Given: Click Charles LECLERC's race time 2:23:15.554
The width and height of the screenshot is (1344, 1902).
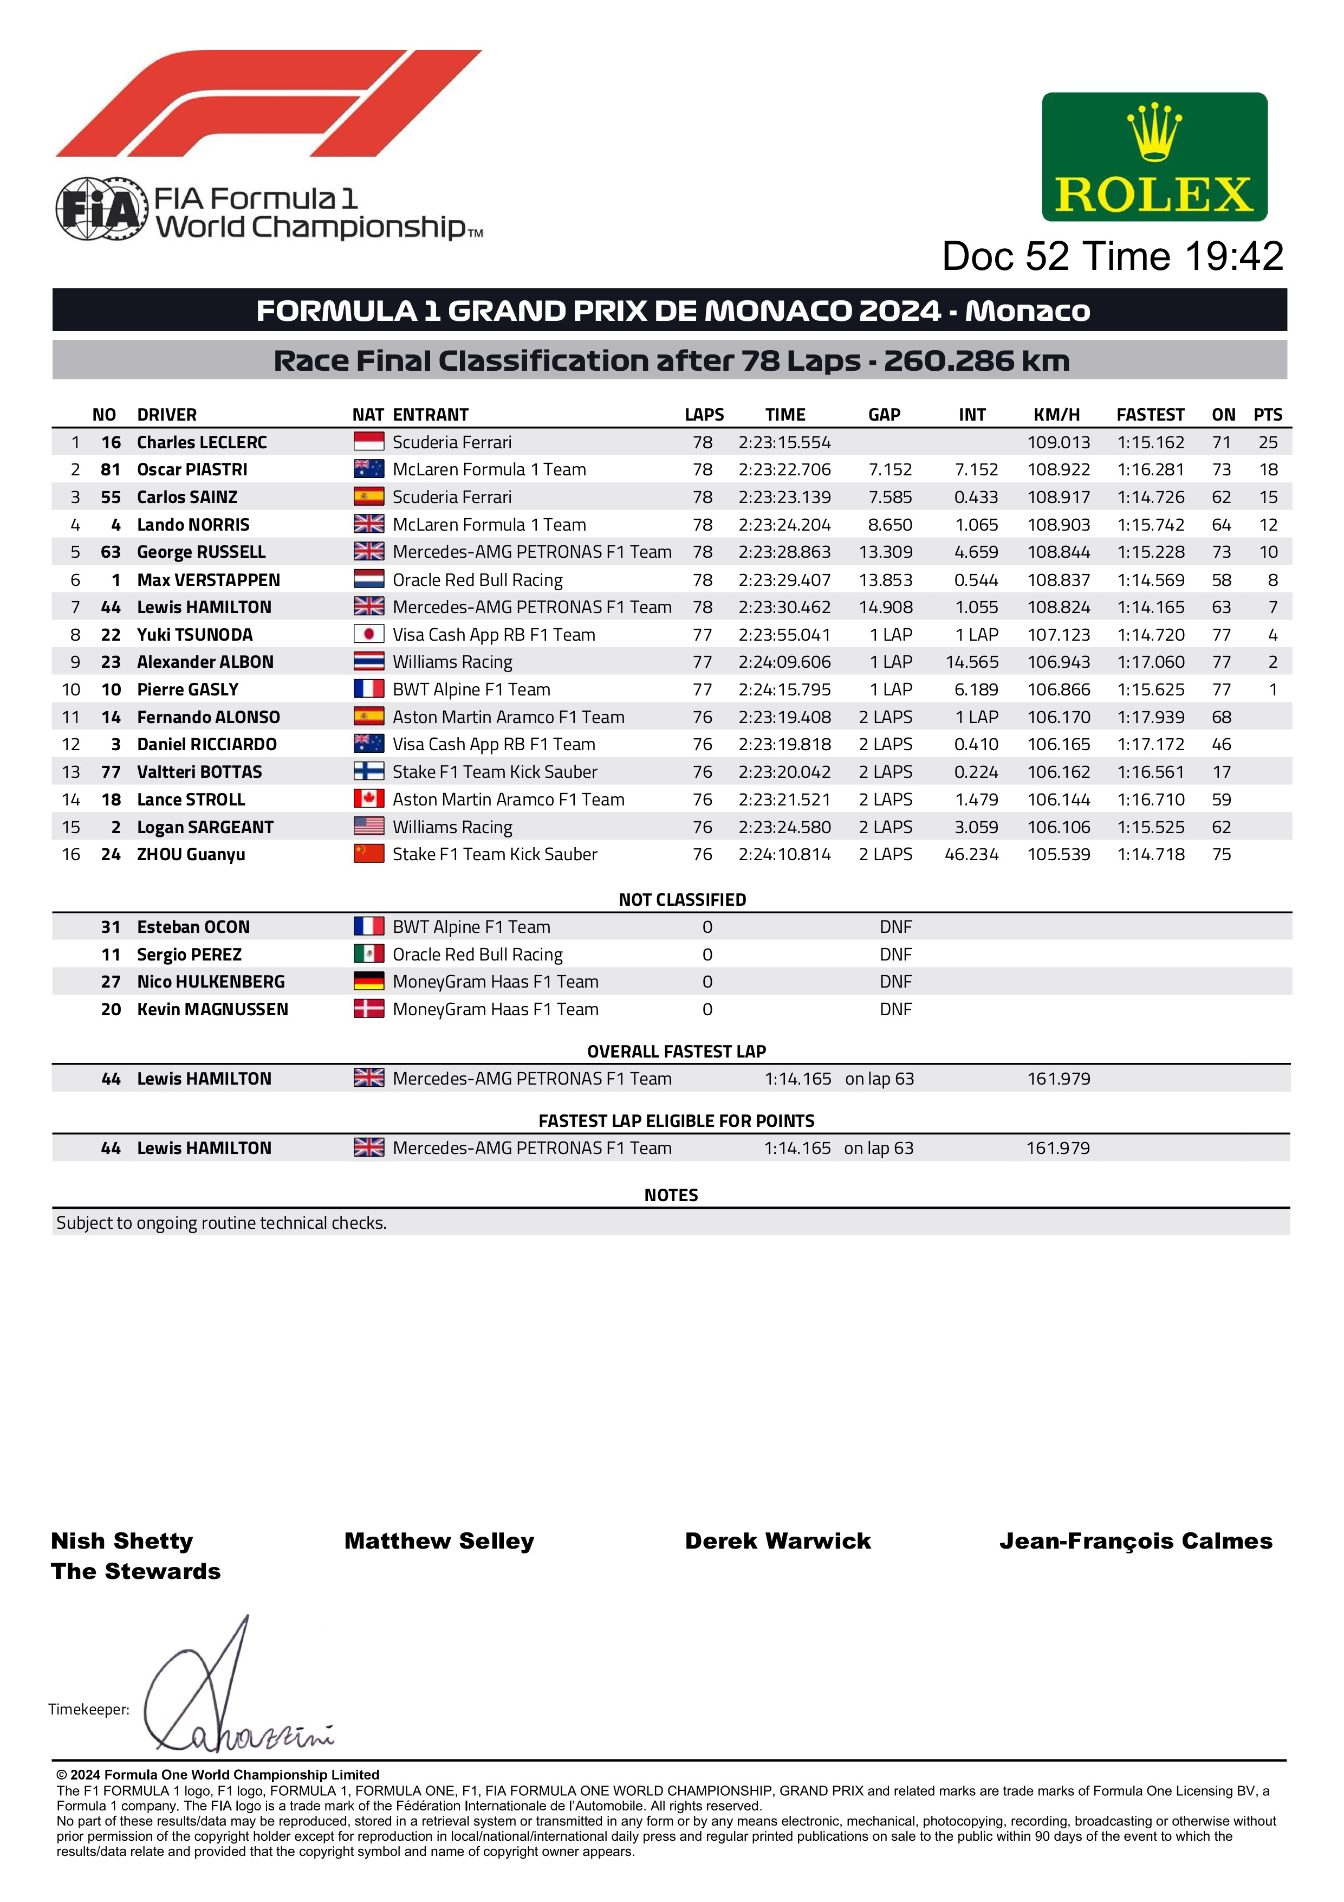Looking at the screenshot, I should click(784, 442).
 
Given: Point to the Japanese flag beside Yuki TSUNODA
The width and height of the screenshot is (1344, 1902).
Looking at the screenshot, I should click(368, 635).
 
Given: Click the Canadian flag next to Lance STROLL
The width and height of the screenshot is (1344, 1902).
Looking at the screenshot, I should click(368, 800).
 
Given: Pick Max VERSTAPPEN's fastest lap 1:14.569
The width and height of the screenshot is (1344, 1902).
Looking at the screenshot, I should click(1150, 580).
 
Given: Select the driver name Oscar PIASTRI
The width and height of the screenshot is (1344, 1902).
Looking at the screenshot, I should click(192, 470).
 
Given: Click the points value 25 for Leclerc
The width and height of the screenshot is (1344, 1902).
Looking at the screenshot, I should click(1268, 442).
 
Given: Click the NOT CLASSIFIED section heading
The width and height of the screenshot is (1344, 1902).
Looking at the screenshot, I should click(683, 900).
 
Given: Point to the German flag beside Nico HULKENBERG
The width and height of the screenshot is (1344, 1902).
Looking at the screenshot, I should click(368, 982).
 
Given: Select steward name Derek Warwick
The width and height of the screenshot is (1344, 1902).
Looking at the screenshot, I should click(777, 1541).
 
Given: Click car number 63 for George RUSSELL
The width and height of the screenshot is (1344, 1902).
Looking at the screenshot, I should click(110, 552).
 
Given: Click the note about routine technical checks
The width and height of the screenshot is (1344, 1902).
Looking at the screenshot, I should click(221, 1223).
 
